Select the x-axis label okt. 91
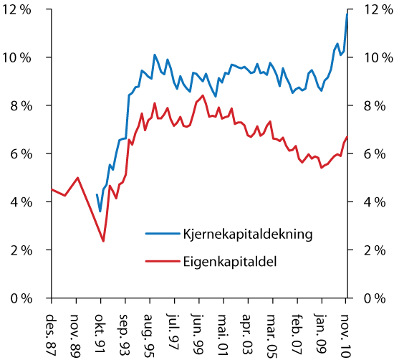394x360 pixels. click(102, 328)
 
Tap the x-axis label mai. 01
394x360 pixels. click(224, 328)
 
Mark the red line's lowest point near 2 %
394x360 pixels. click(103, 241)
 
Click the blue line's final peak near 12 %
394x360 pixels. click(347, 14)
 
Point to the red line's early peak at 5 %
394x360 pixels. click(78, 177)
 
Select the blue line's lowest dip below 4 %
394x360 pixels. click(100, 212)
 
